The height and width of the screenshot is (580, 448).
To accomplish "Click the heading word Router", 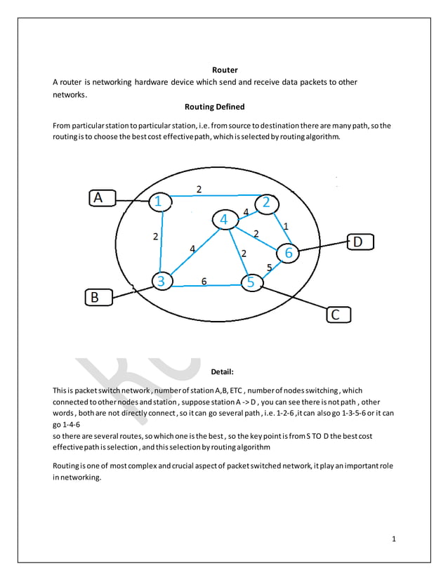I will click(x=225, y=70).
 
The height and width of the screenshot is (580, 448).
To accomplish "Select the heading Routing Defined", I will click(x=214, y=107).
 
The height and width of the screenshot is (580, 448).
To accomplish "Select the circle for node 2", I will click(x=266, y=203).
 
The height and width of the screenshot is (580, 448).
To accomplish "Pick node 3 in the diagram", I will click(x=162, y=281).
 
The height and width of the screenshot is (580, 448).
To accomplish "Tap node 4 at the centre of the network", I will click(x=224, y=220).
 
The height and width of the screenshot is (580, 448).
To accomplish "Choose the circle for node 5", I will click(x=251, y=283).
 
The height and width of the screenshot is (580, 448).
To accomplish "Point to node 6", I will click(x=288, y=252).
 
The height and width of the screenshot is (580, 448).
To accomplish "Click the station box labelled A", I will click(x=101, y=199).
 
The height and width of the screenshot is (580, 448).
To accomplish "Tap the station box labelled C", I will click(x=336, y=315).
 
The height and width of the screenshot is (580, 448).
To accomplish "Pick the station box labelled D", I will click(x=357, y=242).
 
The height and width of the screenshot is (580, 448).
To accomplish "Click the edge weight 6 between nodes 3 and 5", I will click(x=204, y=281).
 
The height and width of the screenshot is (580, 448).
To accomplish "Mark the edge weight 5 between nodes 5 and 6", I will click(x=269, y=267).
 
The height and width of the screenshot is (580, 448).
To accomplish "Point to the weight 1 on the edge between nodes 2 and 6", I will click(x=286, y=226).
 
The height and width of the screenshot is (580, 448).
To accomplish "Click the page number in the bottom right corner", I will click(x=394, y=539).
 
